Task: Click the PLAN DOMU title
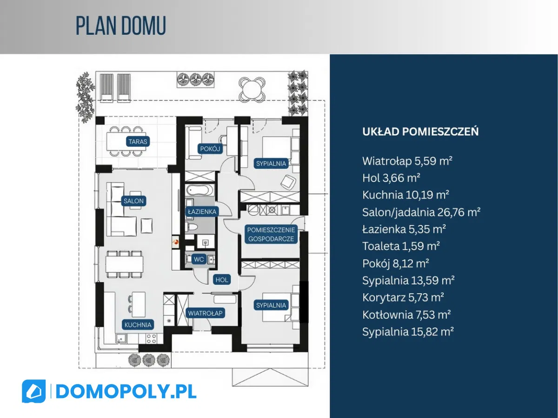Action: click(121, 26)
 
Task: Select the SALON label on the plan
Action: click(133, 201)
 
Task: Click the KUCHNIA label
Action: click(138, 325)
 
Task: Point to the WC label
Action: click(199, 259)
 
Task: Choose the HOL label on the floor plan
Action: click(222, 280)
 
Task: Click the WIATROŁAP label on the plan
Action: click(206, 313)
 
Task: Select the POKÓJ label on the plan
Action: click(210, 149)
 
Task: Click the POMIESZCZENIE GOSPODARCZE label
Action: click(270, 234)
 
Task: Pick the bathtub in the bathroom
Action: click(200, 190)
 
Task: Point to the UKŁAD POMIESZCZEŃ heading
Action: click(420, 131)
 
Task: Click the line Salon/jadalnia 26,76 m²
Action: click(421, 212)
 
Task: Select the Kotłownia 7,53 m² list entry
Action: click(406, 315)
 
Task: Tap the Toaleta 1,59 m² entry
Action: click(401, 246)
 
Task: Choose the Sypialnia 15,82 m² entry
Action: click(408, 332)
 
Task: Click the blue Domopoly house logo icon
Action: click(33, 391)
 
